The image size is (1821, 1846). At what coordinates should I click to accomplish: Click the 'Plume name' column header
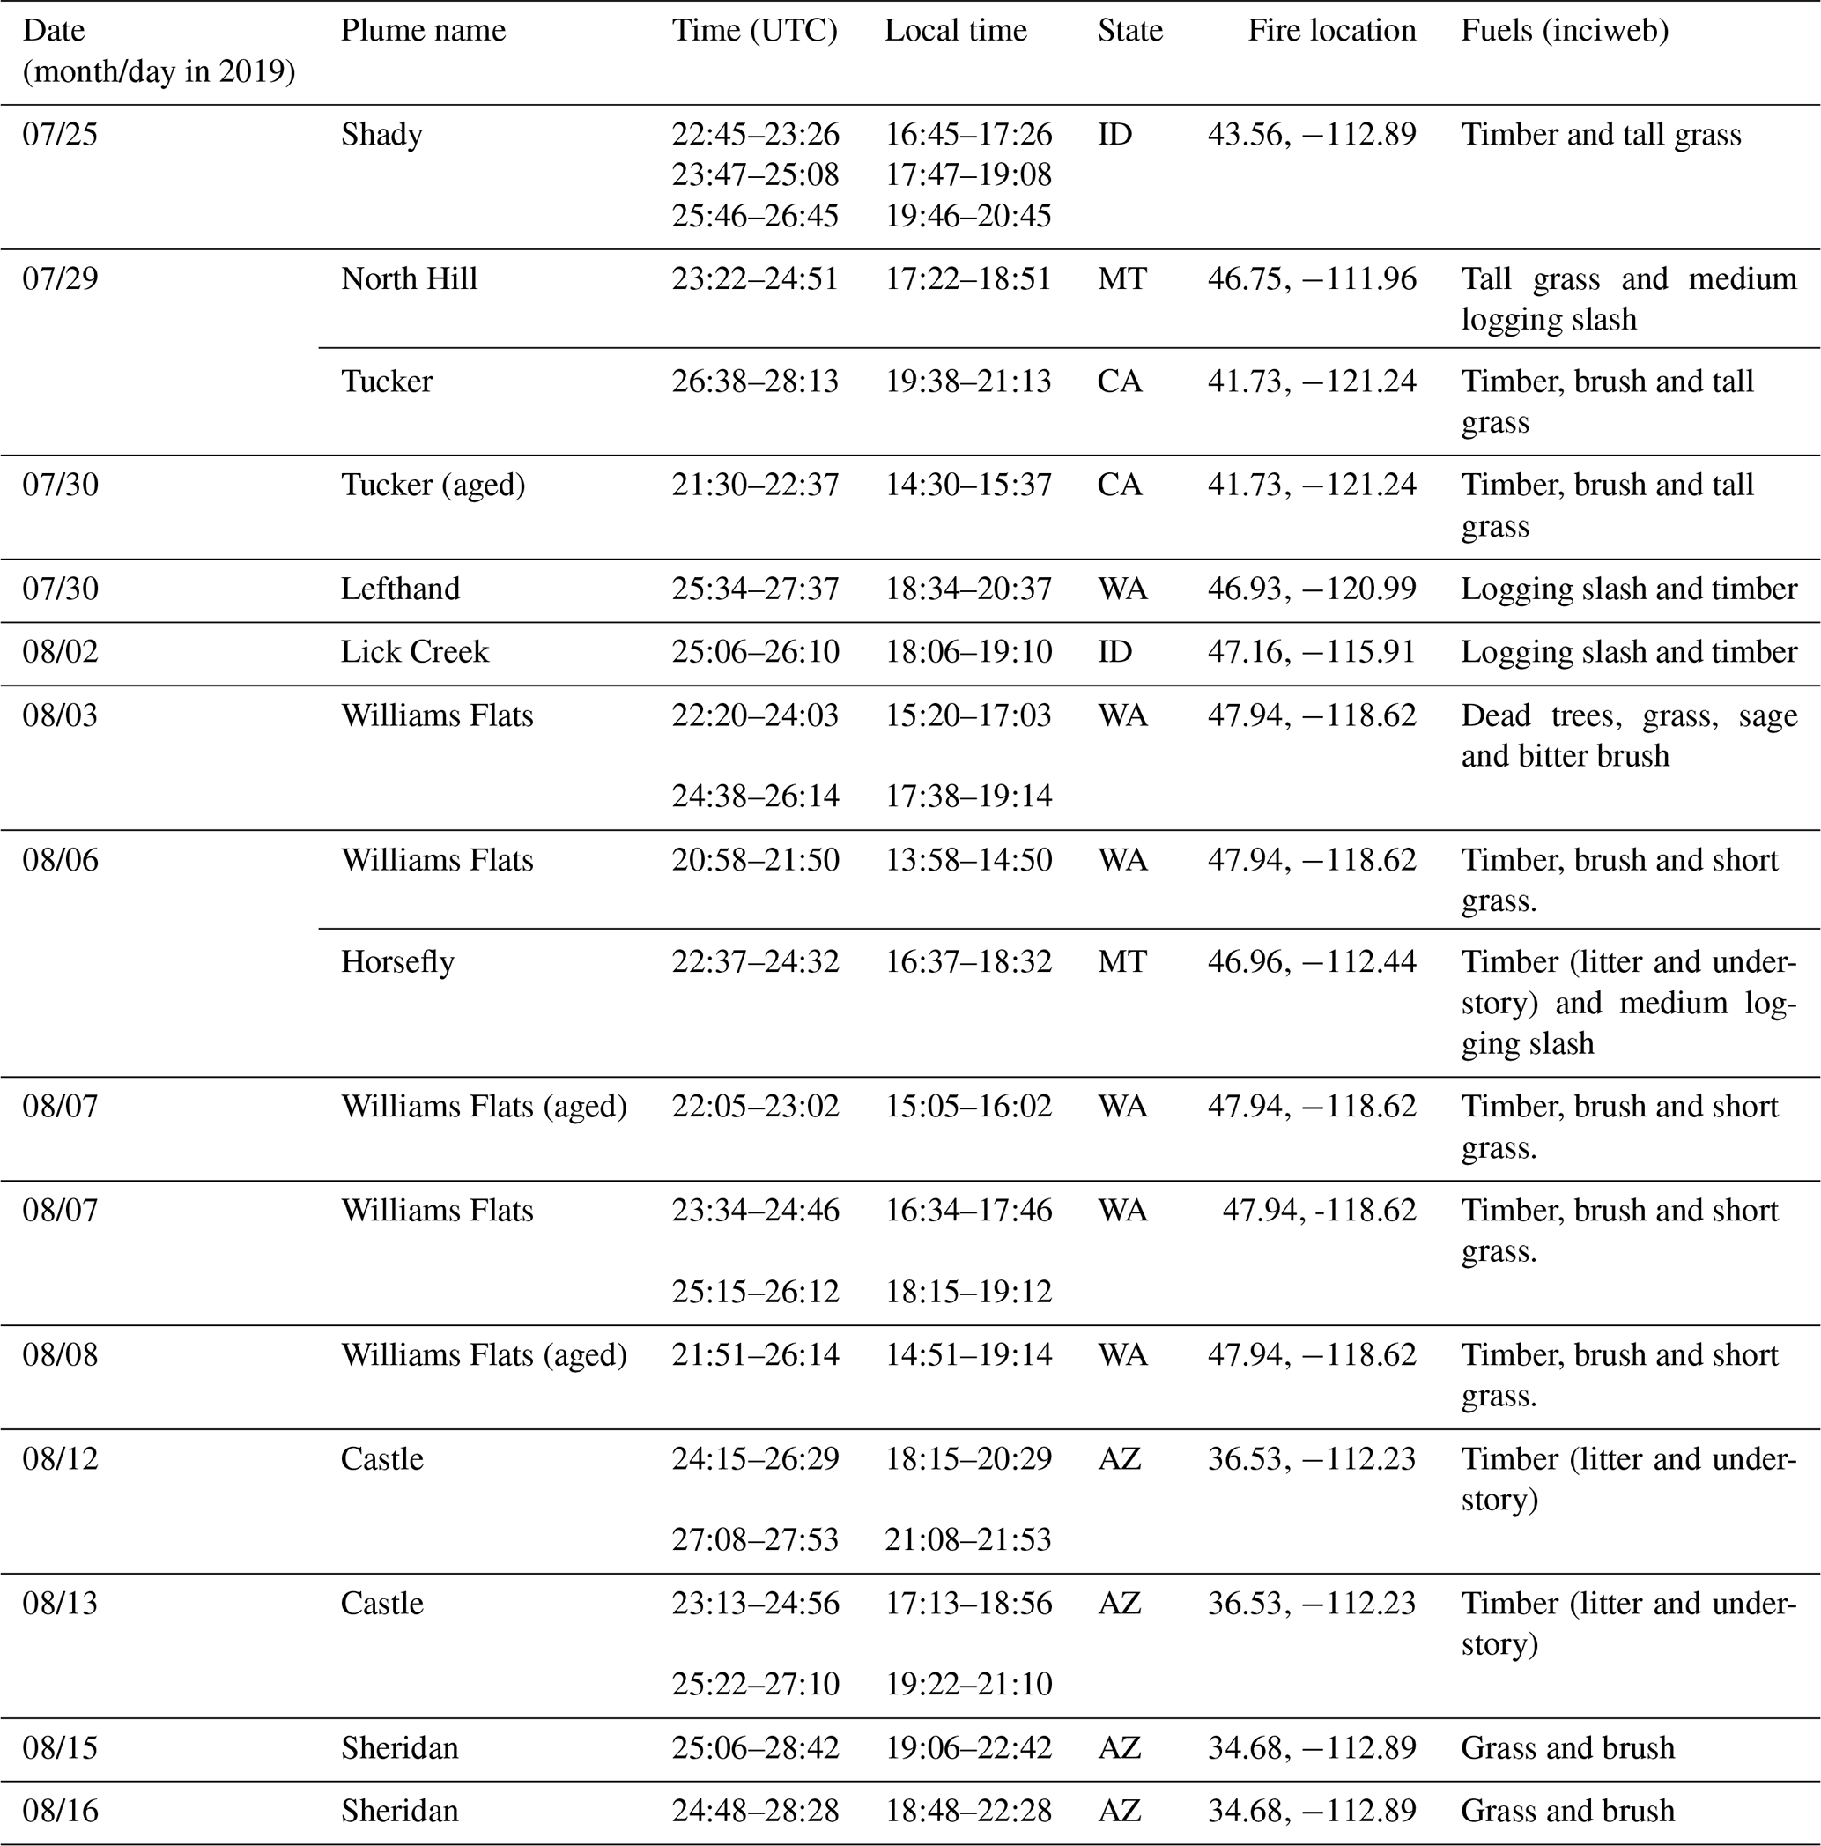pyautogui.click(x=422, y=31)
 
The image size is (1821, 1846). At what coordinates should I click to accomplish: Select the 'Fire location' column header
pyautogui.click(x=1331, y=31)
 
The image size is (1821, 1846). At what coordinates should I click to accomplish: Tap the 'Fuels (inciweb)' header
pyautogui.click(x=1564, y=31)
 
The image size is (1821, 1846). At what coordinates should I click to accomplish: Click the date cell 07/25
pyautogui.click(x=59, y=134)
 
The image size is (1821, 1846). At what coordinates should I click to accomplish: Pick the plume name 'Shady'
pyautogui.click(x=381, y=134)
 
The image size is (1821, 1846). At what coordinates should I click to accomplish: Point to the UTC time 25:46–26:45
pyautogui.click(x=755, y=216)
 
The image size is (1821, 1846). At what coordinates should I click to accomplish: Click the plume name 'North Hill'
pyautogui.click(x=409, y=279)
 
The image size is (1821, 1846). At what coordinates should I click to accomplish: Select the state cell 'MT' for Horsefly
pyautogui.click(x=1121, y=961)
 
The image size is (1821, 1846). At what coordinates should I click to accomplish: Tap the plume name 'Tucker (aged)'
pyautogui.click(x=433, y=486)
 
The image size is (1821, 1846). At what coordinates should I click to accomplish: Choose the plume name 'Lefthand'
pyautogui.click(x=400, y=589)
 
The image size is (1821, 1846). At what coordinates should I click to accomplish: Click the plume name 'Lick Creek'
pyautogui.click(x=414, y=652)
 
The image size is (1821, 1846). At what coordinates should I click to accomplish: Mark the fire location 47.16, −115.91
pyautogui.click(x=1311, y=652)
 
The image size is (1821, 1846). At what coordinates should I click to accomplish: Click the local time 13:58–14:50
pyautogui.click(x=968, y=860)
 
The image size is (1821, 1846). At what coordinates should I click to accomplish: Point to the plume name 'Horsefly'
pyautogui.click(x=397, y=961)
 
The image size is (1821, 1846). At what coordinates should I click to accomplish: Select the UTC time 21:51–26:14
pyautogui.click(x=755, y=1355)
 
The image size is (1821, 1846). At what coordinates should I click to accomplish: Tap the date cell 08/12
pyautogui.click(x=59, y=1459)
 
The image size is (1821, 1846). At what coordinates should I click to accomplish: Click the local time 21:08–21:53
pyautogui.click(x=968, y=1539)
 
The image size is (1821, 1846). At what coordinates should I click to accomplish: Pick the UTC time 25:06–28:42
pyautogui.click(x=755, y=1747)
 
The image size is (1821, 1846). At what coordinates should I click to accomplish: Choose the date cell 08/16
pyautogui.click(x=59, y=1811)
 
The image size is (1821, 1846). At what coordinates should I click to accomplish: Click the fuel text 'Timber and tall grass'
pyautogui.click(x=1600, y=134)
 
